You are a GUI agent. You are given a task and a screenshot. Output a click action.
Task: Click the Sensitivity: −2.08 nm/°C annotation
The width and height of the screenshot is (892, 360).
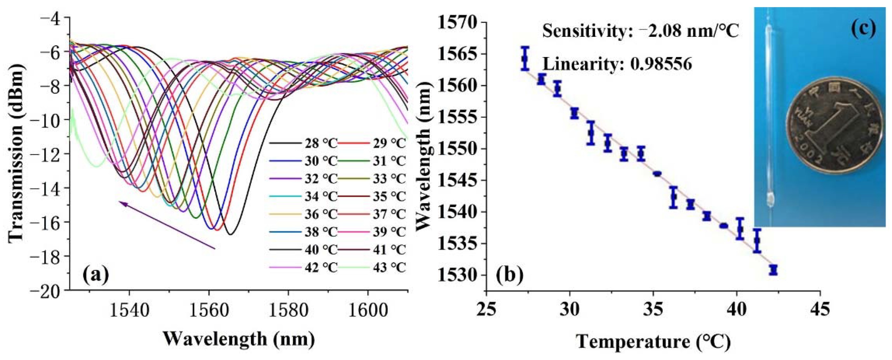tap(641, 31)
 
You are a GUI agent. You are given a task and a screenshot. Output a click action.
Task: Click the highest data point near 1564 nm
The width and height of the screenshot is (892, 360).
tap(525, 58)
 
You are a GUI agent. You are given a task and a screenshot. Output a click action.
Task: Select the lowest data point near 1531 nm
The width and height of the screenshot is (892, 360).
tap(773, 270)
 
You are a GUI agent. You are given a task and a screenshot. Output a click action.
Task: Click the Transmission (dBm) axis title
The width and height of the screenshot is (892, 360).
tap(16, 152)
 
